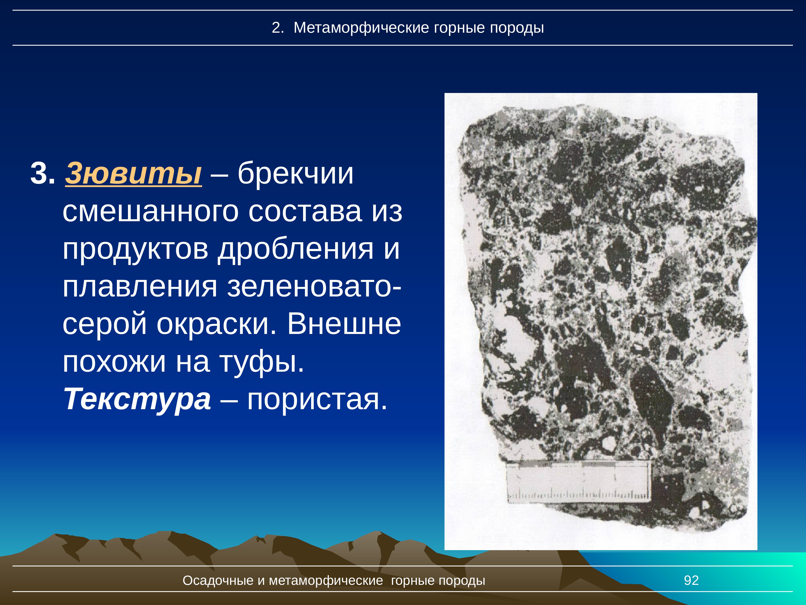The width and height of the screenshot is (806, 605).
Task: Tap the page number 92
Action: click(x=691, y=580)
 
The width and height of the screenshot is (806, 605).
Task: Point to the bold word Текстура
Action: click(x=137, y=398)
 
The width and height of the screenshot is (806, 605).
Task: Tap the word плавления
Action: click(x=140, y=287)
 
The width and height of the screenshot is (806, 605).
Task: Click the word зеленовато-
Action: click(x=314, y=287)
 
